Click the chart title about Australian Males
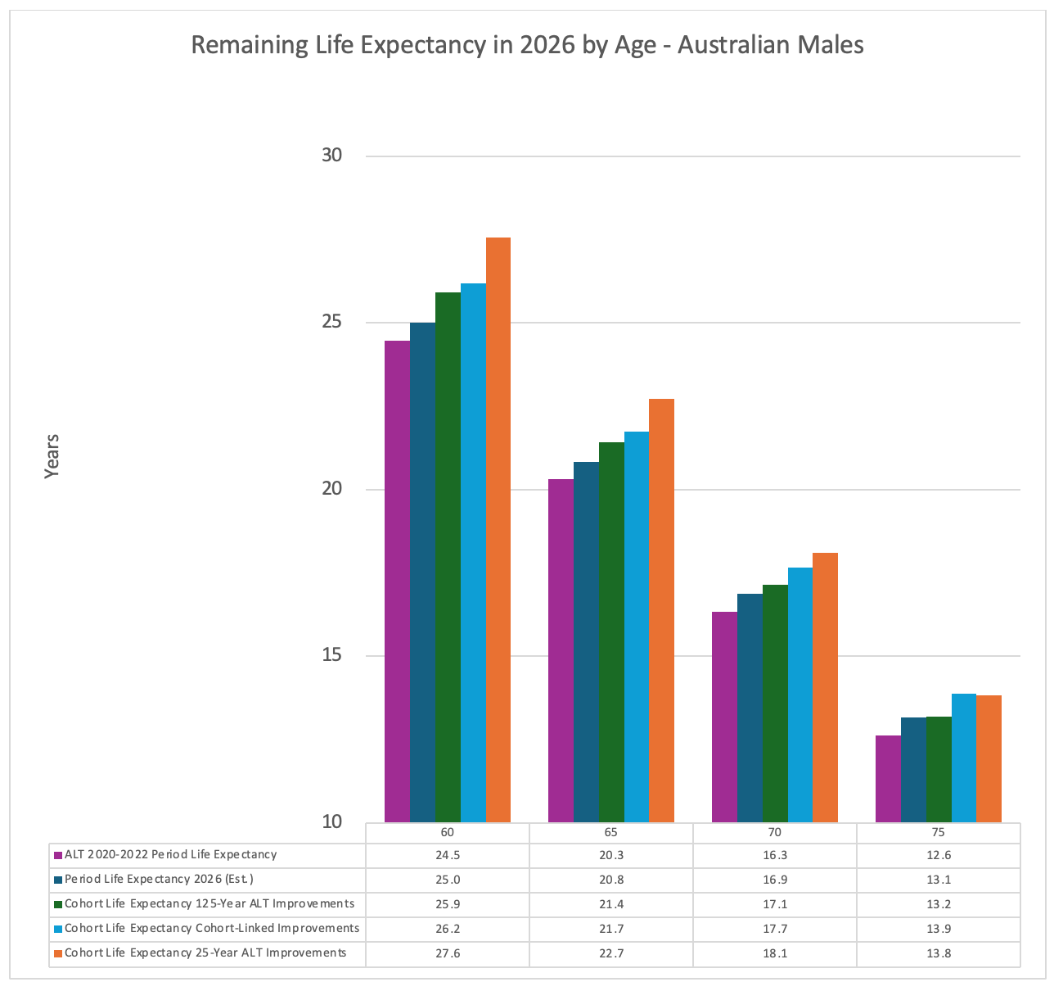[x=527, y=44]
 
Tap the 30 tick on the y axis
[x=331, y=156]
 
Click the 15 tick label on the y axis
[x=331, y=655]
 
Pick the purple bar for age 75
[x=888, y=778]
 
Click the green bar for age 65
[x=611, y=631]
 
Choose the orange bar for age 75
[x=989, y=758]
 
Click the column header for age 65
[x=610, y=832]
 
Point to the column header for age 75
[x=938, y=832]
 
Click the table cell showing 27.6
[x=447, y=953]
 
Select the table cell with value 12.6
[x=938, y=855]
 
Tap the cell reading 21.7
[x=610, y=929]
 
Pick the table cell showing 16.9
[x=774, y=880]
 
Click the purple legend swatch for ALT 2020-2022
[x=58, y=856]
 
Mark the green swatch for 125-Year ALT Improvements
[x=58, y=905]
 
